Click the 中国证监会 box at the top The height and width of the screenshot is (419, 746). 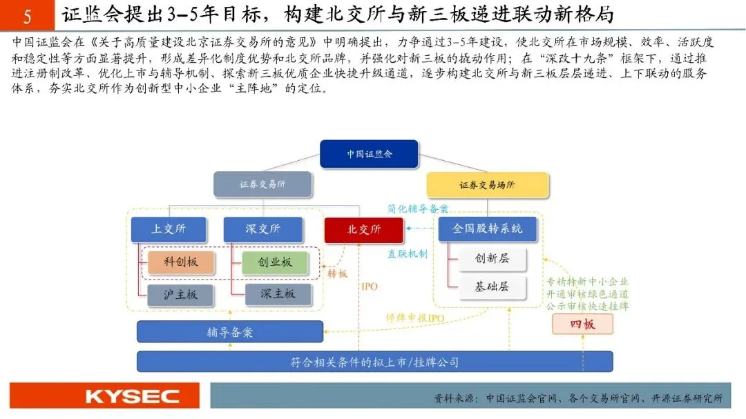369,154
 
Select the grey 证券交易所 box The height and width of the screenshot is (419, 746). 262,185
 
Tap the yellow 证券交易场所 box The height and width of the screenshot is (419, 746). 487,185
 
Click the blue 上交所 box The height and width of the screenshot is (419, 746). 169,229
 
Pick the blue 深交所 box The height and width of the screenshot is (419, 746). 262,229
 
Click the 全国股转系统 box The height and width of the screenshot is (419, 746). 487,228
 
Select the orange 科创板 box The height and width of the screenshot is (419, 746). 181,262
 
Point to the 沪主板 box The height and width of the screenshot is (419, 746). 181,294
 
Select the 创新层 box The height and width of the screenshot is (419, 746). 492,258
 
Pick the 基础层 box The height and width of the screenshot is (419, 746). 492,286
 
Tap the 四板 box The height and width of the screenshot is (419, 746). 582,324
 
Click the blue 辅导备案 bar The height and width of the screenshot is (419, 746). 230,332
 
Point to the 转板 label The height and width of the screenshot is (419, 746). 338,273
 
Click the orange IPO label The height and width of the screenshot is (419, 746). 370,286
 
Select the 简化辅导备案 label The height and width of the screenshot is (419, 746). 417,208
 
